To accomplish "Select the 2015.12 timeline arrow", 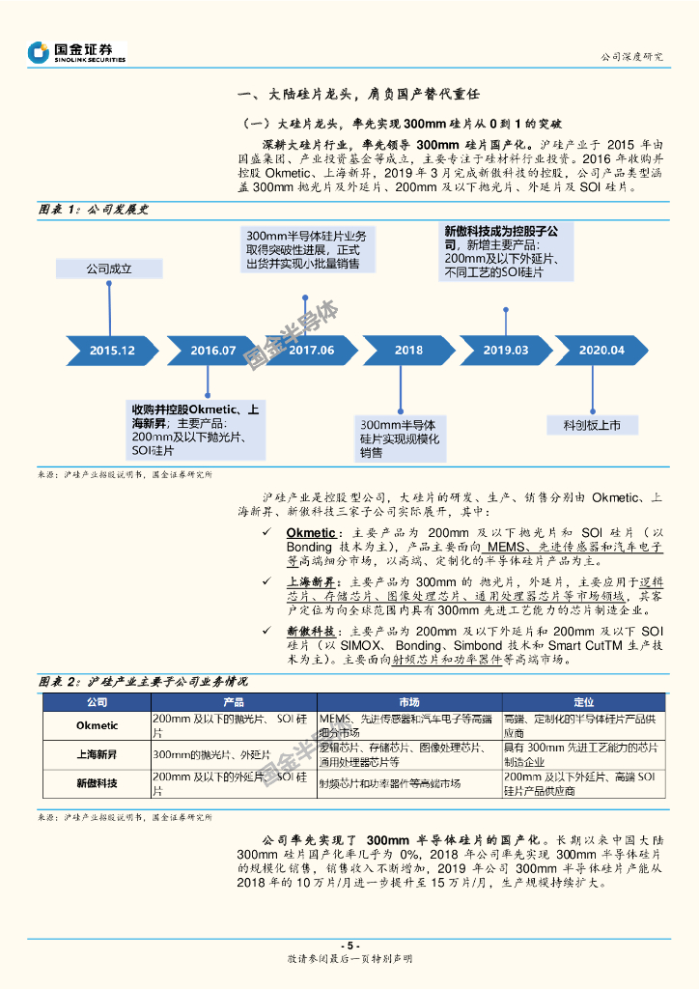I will click(110, 350).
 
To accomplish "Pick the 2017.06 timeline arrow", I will click(311, 350).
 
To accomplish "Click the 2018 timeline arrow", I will click(408, 350).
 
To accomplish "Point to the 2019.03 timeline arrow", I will click(506, 350).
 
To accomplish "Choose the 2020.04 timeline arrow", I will click(601, 350).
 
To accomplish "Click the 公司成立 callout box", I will click(108, 269).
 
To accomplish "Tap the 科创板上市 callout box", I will click(598, 425).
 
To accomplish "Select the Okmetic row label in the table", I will click(97, 725).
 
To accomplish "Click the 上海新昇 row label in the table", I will click(97, 754).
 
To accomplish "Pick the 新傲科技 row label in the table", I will click(97, 782).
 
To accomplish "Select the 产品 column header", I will click(234, 702).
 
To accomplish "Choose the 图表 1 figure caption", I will click(93, 210).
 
